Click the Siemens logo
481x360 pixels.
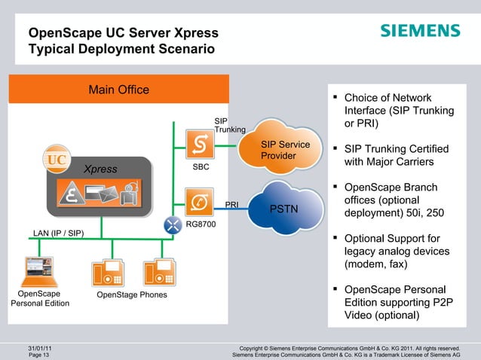click(419, 31)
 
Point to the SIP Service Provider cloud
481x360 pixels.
click(284, 149)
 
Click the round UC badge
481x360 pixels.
click(56, 160)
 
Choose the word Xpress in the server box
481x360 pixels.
click(100, 169)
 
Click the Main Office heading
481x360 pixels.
click(118, 90)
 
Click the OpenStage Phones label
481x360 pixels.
click(132, 294)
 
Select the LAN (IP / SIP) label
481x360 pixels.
click(58, 233)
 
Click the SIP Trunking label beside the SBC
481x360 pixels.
click(229, 125)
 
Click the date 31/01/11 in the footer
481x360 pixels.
click(40, 347)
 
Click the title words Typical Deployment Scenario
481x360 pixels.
click(121, 50)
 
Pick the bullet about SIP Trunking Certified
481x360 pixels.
click(391, 155)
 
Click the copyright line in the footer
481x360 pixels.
click(348, 347)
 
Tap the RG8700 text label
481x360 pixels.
click(201, 224)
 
